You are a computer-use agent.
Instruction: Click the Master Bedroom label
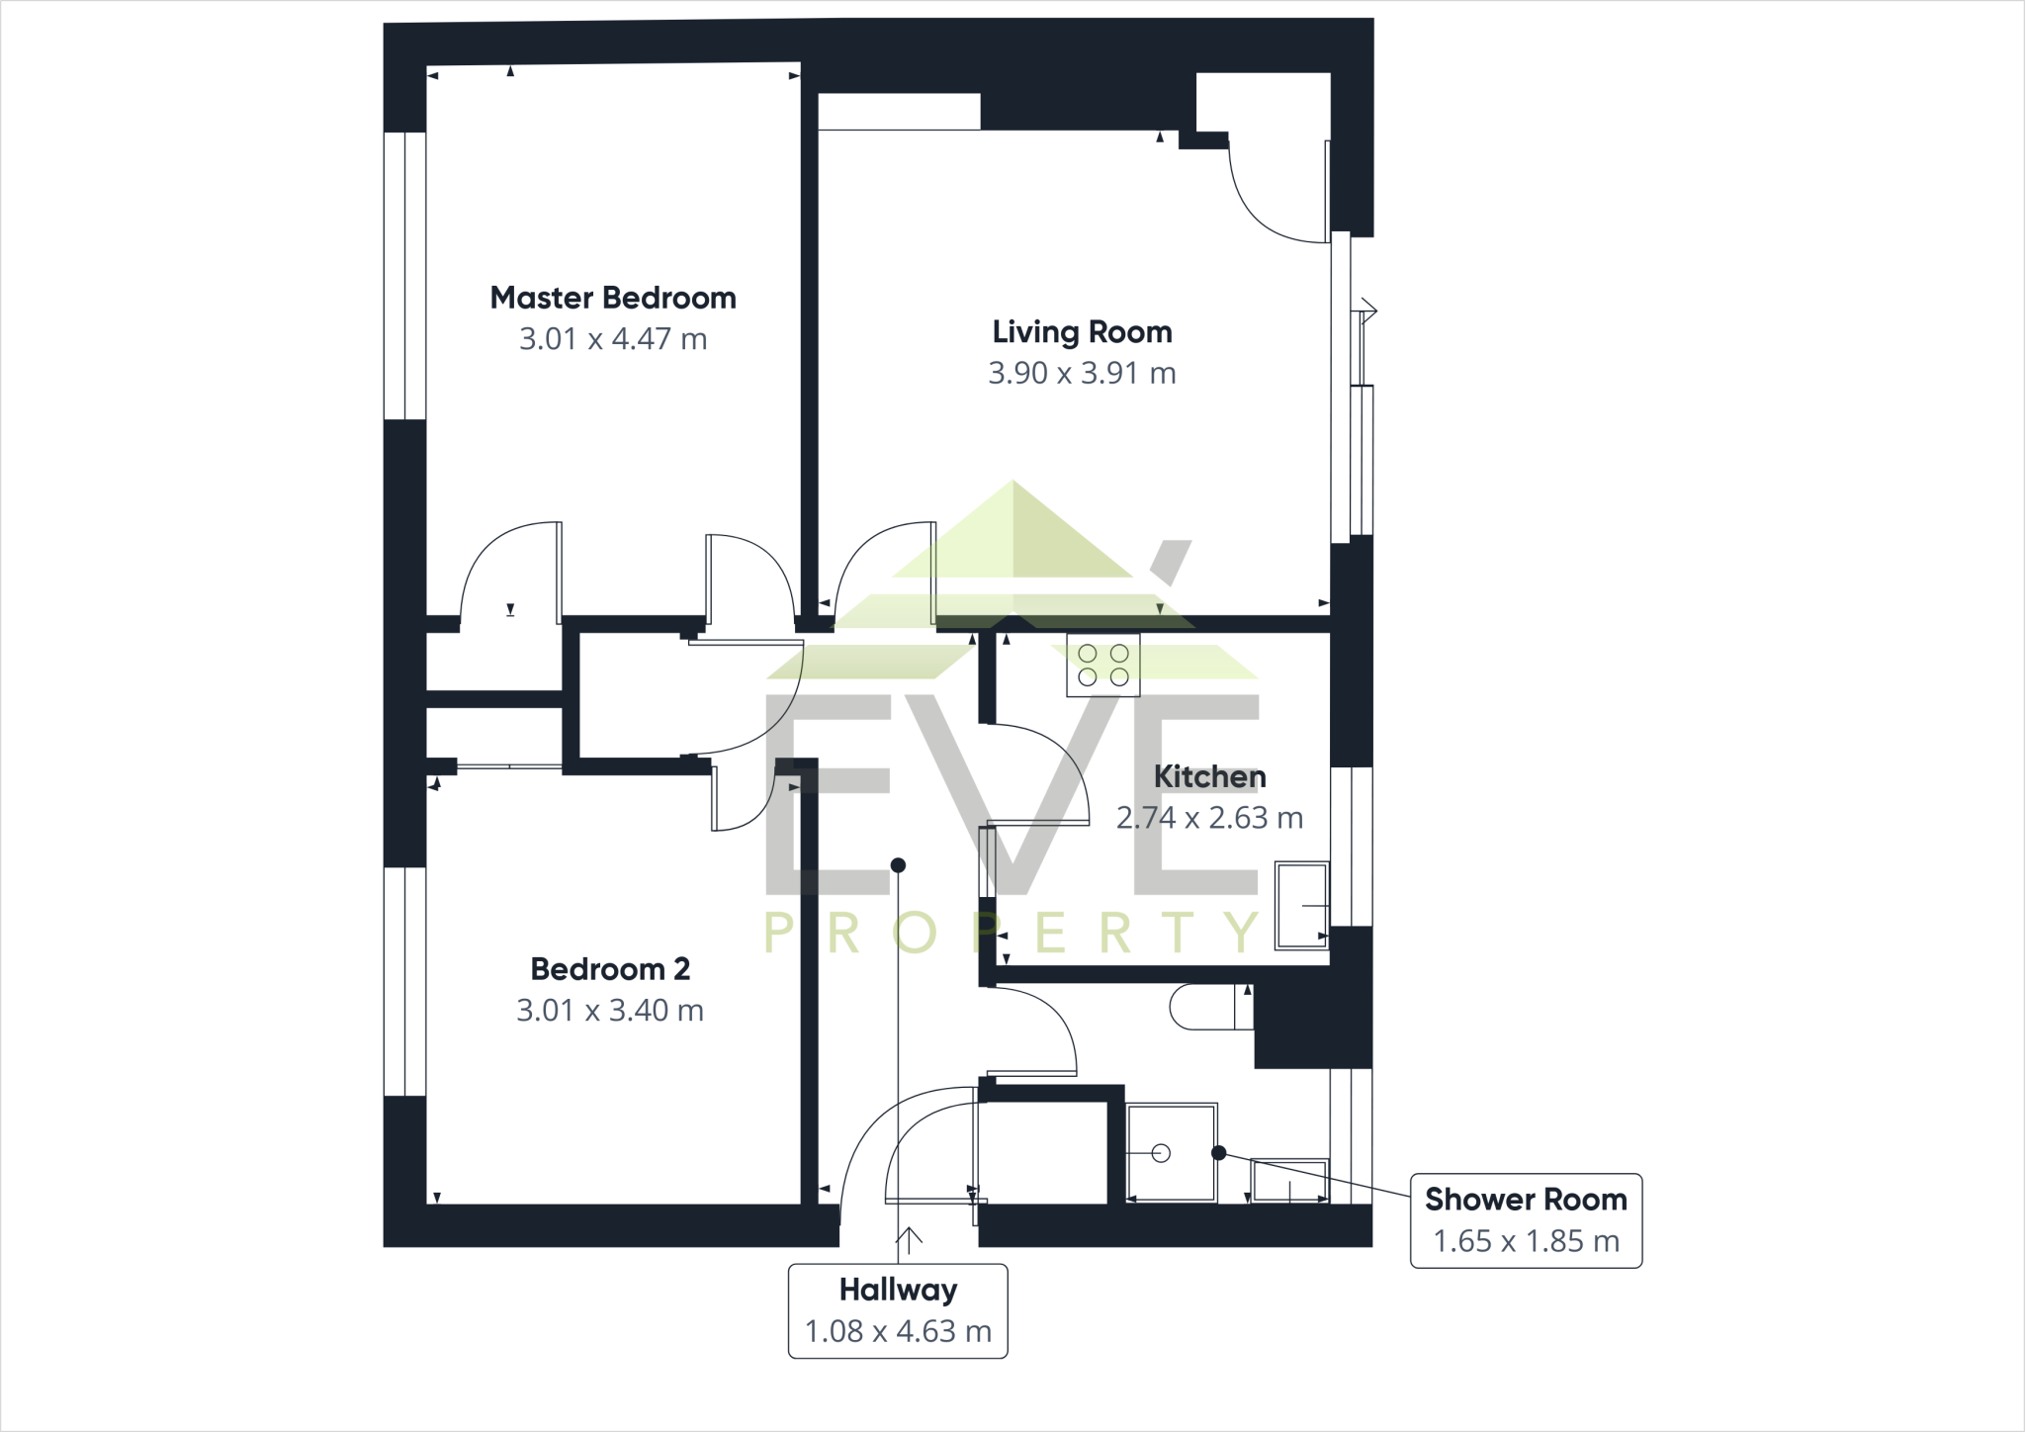click(x=613, y=298)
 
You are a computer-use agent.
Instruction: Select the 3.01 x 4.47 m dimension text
click(x=613, y=339)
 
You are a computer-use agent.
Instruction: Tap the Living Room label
click(x=1082, y=331)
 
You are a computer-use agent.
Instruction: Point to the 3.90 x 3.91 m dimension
click(x=1082, y=373)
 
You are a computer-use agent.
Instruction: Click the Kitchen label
click(x=1209, y=776)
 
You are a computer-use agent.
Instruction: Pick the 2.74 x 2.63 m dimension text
click(x=1209, y=818)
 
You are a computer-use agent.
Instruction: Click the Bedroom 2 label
click(x=610, y=968)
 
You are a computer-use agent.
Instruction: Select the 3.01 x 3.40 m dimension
click(x=610, y=1010)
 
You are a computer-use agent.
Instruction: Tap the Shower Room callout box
click(x=1526, y=1220)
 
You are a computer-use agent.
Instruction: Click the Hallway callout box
click(x=898, y=1310)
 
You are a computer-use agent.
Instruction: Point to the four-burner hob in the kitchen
click(x=1103, y=666)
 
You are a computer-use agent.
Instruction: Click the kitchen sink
click(x=1301, y=905)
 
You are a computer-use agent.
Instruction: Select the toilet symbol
click(x=1209, y=1007)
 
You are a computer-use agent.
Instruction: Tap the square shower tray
click(x=1171, y=1152)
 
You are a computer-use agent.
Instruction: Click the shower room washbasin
click(x=1289, y=1181)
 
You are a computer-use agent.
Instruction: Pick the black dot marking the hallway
click(x=898, y=865)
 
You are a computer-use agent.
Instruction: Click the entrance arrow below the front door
click(x=909, y=1238)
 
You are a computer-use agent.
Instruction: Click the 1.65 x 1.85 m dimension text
click(x=1526, y=1241)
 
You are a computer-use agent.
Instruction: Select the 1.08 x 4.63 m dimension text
click(x=898, y=1331)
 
